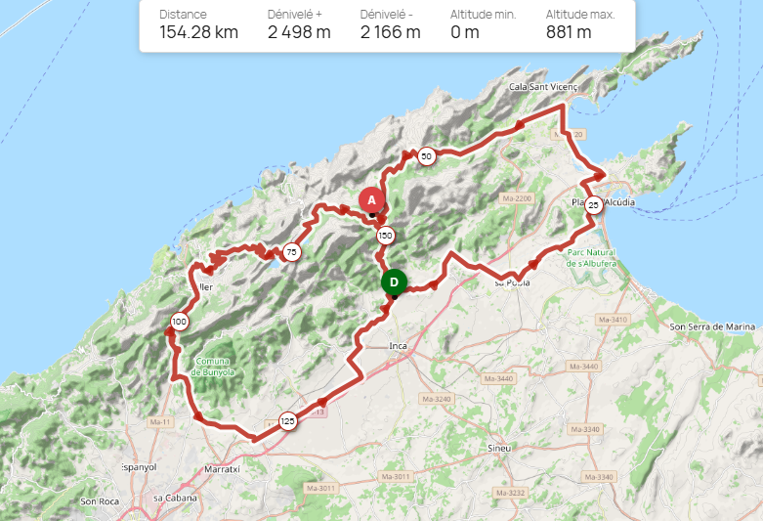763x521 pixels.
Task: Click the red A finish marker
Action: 371,199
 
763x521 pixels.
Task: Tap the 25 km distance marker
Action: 593,206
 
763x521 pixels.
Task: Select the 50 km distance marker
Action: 426,155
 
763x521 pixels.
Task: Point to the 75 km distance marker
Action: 291,252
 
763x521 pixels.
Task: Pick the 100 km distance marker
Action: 180,322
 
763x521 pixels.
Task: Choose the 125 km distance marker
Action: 287,421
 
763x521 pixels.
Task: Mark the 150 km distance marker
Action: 386,236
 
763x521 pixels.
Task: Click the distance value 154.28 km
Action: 198,32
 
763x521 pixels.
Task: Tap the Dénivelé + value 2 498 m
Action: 299,32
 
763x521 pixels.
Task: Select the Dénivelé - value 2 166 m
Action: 390,32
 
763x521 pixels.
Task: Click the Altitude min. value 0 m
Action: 465,32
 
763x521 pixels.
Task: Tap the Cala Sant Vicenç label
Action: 544,87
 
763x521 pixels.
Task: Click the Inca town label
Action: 398,346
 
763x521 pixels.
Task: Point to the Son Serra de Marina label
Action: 713,326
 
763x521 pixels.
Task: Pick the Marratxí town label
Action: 224,469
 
